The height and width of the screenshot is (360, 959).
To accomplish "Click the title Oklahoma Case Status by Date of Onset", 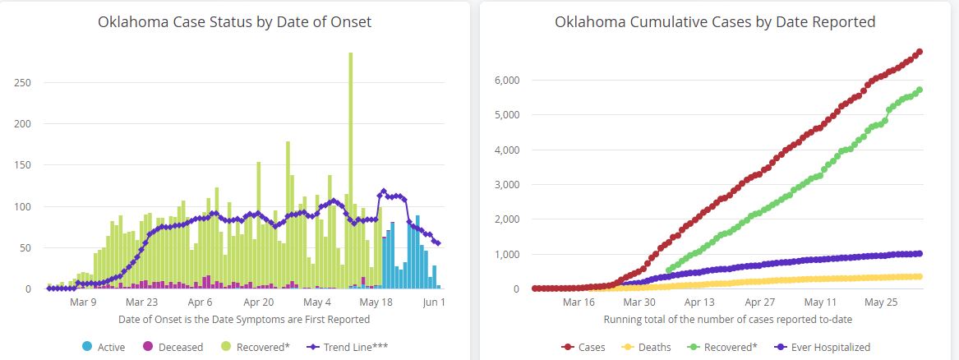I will point(234,22).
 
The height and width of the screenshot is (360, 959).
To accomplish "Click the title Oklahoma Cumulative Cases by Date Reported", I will point(715,22).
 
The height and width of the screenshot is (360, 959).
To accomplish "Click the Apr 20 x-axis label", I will point(257,302).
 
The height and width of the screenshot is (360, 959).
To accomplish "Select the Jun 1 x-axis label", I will point(434,302).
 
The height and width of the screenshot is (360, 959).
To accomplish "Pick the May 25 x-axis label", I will point(880,302).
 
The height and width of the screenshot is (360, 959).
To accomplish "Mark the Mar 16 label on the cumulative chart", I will point(579,302).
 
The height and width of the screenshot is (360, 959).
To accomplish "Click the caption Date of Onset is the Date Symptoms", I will point(244,319).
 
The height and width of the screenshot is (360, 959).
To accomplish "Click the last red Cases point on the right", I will point(919,52).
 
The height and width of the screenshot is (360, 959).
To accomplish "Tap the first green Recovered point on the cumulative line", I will point(668,269).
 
